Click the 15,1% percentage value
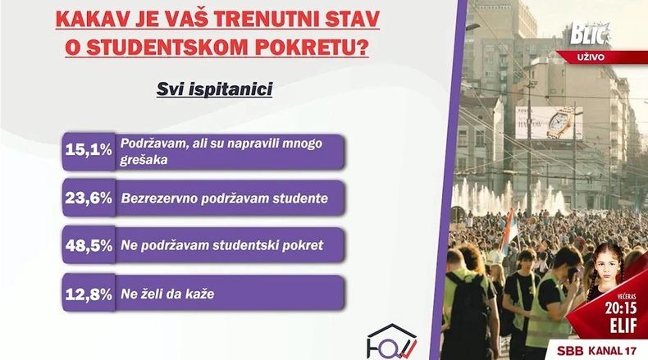point(89,150)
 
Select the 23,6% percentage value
point(89,198)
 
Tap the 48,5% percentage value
point(89,245)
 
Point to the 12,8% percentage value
point(89,293)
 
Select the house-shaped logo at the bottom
point(391,343)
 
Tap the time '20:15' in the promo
point(621,309)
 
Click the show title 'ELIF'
point(621,325)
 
